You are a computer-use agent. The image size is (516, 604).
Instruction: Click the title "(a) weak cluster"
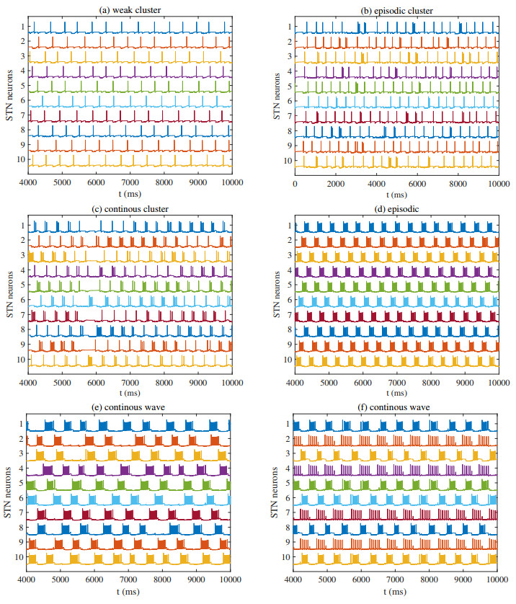point(129,9)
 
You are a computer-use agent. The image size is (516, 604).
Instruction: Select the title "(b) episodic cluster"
point(397,9)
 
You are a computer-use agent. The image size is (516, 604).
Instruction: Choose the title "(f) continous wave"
point(396,408)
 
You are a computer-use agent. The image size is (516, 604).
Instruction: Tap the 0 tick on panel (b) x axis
point(295,183)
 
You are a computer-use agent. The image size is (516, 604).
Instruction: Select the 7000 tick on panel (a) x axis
point(130,183)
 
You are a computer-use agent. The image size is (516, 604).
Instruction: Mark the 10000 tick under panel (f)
point(497,579)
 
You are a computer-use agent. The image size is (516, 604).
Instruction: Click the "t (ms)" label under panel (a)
point(130,195)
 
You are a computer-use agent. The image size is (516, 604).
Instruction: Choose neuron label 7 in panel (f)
point(285,512)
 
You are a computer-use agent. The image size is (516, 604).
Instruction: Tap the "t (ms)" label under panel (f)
point(396,592)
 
